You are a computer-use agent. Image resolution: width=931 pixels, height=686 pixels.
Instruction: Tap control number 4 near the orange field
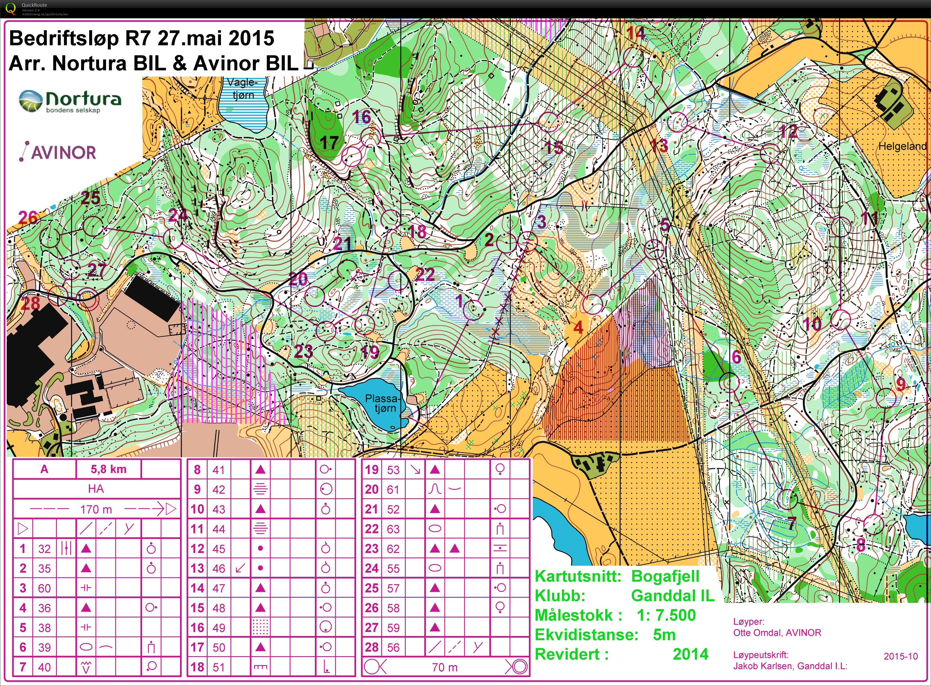pos(578,327)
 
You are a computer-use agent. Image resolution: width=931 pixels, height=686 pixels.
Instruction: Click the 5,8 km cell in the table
pos(108,469)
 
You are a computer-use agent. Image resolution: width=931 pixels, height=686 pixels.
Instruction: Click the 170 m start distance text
pos(96,509)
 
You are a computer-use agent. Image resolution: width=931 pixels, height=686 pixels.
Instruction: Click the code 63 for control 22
pos(393,529)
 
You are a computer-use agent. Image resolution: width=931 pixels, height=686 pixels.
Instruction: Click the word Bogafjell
pos(665,576)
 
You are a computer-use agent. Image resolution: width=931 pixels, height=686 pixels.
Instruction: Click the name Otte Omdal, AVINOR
pos(777,633)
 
